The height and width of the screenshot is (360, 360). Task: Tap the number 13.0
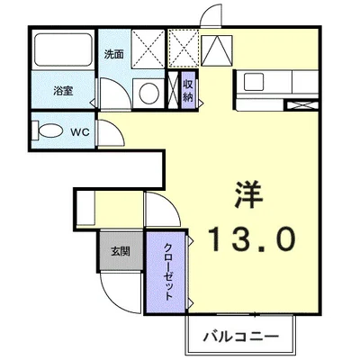(252, 238)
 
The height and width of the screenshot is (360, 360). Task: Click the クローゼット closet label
(167, 271)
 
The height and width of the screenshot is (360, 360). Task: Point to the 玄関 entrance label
(121, 251)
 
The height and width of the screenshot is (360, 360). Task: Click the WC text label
(79, 132)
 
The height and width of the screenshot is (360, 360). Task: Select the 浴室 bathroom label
(61, 90)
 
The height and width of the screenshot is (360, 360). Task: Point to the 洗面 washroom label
(114, 54)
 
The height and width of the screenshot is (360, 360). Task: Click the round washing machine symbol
(146, 90)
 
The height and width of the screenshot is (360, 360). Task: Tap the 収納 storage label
(188, 90)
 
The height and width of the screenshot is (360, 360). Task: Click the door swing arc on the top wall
(211, 16)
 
